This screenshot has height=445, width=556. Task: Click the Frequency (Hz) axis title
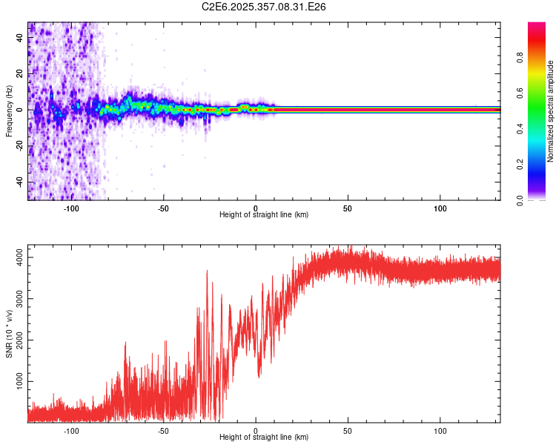9,111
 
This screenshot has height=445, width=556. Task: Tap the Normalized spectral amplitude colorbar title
550,111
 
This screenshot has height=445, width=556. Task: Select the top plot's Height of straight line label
264,214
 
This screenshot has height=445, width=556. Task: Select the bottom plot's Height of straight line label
264,437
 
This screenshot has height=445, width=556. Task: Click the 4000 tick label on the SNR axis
16,257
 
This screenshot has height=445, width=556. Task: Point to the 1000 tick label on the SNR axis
16,382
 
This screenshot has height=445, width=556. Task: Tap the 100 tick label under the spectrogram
440,208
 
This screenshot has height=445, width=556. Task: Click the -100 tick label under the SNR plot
71,430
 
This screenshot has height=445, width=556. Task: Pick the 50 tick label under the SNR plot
348,430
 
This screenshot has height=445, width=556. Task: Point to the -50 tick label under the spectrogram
163,208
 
